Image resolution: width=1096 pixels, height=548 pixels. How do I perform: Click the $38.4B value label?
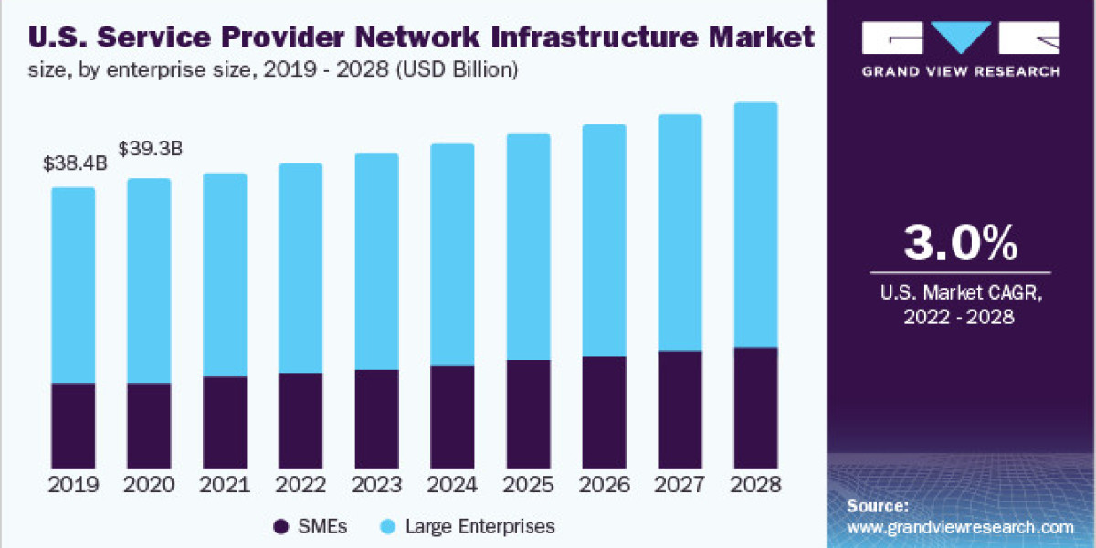click(x=75, y=165)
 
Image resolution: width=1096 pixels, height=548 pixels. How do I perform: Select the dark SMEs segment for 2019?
click(x=73, y=426)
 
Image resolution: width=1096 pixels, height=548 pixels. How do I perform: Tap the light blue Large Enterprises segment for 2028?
click(x=755, y=225)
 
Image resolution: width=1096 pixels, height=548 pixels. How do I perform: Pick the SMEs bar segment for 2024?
click(x=452, y=417)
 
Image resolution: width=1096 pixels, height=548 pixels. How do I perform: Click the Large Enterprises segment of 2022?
click(x=300, y=269)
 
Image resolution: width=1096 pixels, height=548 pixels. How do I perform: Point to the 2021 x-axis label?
click(x=225, y=485)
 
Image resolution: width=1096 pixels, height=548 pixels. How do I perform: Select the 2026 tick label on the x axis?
click(x=604, y=485)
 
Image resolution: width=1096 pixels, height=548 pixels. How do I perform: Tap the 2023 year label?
click(x=376, y=485)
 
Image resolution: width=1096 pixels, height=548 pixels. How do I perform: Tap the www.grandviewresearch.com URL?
click(x=960, y=527)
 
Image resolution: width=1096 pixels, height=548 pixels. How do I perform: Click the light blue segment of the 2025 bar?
click(x=528, y=247)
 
